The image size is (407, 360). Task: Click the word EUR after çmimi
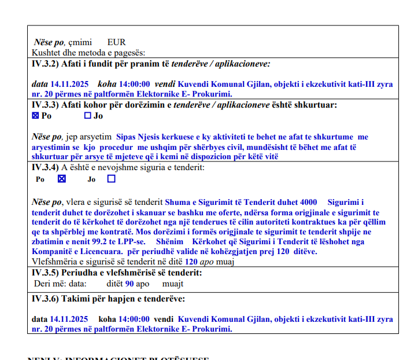116,42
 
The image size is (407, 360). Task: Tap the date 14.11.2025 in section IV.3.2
67,83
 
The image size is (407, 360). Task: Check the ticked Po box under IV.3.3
35,116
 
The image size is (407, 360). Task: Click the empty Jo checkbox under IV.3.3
88,116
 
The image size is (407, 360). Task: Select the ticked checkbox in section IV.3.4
62,179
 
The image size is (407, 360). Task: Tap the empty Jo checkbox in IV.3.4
111,179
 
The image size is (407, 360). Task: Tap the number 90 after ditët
130,284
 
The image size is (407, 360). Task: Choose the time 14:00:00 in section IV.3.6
134,319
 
